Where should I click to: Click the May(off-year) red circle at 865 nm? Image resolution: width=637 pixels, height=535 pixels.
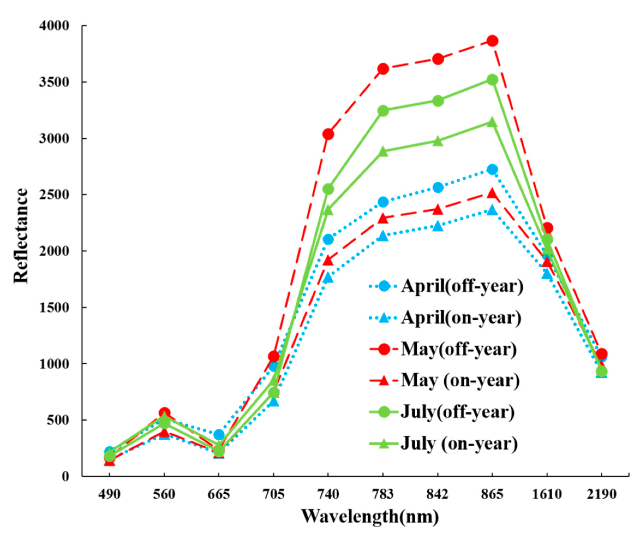pos(492,41)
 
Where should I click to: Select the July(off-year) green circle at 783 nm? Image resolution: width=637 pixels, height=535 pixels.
pos(383,111)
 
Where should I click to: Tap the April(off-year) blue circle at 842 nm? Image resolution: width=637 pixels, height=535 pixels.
pos(438,187)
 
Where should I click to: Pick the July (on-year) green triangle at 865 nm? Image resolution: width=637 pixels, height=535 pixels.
pos(492,122)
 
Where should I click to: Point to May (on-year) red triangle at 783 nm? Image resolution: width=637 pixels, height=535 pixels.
pos(383,218)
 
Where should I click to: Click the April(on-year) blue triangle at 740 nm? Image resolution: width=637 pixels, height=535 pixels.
pos(328,278)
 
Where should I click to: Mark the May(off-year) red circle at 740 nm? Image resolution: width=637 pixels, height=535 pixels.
pos(328,133)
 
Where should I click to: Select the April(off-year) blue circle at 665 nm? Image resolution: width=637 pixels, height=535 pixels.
pos(219,435)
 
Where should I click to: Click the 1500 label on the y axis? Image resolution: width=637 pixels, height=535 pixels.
pos(58,307)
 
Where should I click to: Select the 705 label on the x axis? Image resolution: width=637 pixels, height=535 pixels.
pos(273,495)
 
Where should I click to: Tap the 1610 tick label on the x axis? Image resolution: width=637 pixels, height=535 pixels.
pos(547,495)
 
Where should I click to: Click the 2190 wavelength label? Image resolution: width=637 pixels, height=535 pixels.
pos(601,495)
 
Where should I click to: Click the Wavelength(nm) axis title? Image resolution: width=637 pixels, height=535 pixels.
pos(370,517)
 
